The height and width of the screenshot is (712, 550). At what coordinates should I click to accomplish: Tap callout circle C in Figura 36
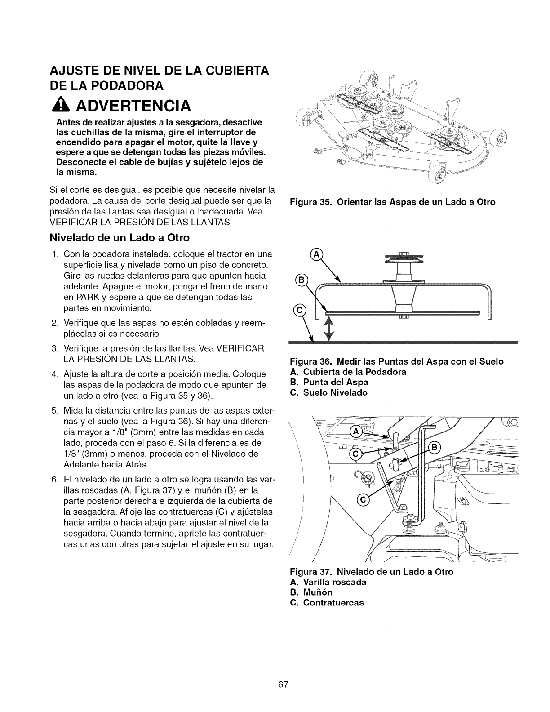(x=299, y=310)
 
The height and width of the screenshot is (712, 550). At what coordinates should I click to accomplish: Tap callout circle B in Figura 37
(x=435, y=447)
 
